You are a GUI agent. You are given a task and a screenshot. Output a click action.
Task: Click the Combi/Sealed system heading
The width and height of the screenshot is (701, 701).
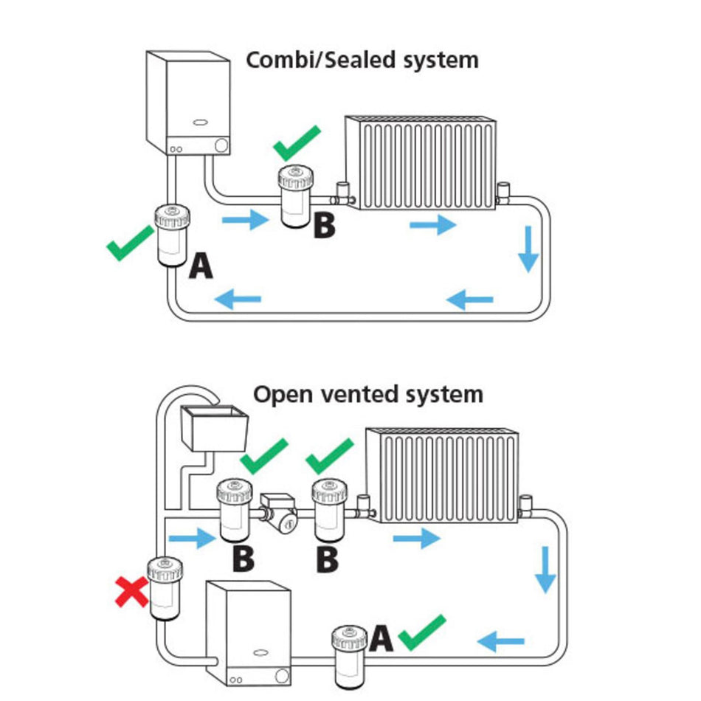[362, 59]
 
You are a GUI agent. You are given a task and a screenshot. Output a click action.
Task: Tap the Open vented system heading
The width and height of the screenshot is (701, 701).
[368, 393]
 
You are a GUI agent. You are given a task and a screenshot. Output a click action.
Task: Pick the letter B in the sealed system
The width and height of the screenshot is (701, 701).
[324, 224]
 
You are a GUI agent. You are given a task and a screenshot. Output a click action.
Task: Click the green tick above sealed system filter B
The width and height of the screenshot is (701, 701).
[297, 142]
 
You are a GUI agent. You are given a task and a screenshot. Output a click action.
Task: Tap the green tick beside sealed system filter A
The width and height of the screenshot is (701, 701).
[131, 244]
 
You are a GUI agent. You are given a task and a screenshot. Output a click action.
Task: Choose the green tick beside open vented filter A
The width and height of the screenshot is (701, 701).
[422, 632]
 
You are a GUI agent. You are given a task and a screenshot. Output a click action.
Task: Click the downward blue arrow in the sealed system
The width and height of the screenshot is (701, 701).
[528, 249]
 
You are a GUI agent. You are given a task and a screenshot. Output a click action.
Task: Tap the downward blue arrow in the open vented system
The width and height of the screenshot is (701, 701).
[545, 569]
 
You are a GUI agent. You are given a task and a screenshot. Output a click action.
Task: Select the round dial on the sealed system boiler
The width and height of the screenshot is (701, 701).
[221, 145]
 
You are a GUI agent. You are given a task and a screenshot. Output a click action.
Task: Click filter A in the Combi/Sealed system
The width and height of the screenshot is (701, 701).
[171, 236]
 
